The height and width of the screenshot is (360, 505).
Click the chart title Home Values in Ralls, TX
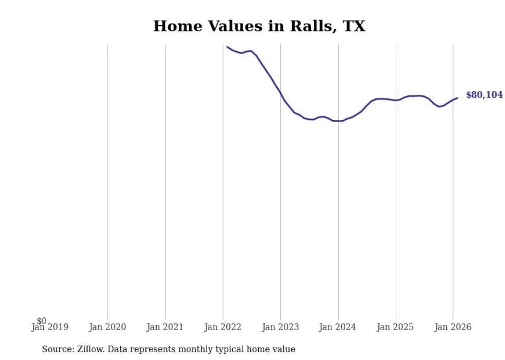point(259,26)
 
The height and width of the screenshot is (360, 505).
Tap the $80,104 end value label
point(484,95)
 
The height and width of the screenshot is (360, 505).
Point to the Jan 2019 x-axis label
point(50,327)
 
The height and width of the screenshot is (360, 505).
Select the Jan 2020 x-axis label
point(108,327)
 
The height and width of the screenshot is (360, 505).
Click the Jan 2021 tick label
point(165,327)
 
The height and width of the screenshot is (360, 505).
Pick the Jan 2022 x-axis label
point(223,327)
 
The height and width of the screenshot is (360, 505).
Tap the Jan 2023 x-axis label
point(281,327)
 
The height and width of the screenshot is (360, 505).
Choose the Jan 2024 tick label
point(338,327)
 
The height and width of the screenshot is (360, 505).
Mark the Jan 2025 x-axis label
point(396,327)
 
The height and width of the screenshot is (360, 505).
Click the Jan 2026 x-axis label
point(453,327)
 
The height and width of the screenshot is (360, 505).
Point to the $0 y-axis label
point(41,321)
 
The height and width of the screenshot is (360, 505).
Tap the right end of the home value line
point(458,98)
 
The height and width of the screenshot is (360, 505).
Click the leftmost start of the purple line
point(227,47)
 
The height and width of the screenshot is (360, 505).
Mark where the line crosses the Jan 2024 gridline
point(338,121)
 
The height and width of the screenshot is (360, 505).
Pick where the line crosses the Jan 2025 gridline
point(396,100)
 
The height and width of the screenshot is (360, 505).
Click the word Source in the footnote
point(57,349)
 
